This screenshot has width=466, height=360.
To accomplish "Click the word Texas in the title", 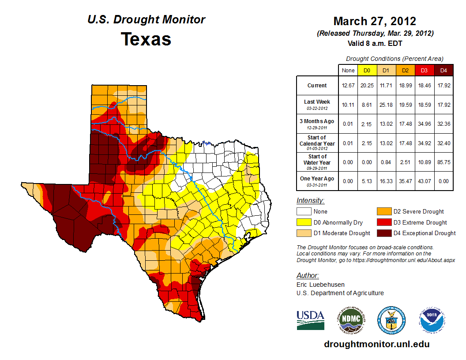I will tap(146, 39).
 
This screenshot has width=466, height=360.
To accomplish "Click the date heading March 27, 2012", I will tap(375, 21).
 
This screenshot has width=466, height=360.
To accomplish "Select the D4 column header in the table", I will tap(443, 70).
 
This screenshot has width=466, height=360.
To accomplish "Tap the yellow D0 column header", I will tap(367, 70).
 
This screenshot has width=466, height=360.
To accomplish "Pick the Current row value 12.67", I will tap(348, 86).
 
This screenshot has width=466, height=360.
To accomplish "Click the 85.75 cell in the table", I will tap(443, 162).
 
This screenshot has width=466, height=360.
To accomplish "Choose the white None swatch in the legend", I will tap(304, 212).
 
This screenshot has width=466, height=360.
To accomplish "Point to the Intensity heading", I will tap(311, 201).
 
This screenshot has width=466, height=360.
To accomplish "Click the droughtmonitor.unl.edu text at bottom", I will tap(376, 344).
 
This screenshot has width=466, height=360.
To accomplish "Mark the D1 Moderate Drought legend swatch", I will tap(304, 233).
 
